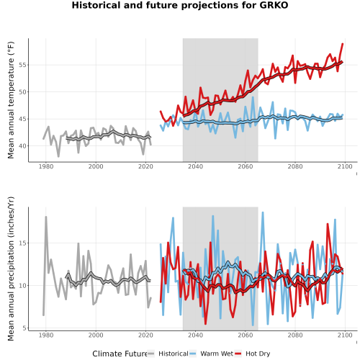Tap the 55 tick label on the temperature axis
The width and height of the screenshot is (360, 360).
point(23,65)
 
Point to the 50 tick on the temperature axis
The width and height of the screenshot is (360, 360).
point(23,92)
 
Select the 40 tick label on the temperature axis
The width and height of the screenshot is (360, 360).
point(23,146)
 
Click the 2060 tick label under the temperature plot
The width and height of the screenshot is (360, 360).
point(246,166)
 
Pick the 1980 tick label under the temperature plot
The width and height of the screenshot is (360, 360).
point(46,166)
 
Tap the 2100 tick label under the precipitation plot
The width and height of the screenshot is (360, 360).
point(345,335)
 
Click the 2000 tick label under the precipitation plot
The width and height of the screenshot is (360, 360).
point(96,335)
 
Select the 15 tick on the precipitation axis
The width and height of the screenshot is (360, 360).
point(23,243)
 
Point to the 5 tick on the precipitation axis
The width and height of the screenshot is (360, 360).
point(25,328)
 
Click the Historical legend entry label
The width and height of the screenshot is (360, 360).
point(174,354)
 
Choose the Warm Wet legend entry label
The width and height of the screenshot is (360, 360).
point(217,354)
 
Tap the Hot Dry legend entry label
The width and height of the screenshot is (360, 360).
point(258,354)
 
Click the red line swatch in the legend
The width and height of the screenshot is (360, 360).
point(238,354)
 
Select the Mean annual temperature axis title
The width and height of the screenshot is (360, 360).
point(11,100)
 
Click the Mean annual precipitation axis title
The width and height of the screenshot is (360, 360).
point(11,269)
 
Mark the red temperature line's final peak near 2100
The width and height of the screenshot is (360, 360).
point(343,44)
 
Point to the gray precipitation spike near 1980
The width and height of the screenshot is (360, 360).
point(46,217)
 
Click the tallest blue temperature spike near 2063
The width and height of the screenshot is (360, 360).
point(253,97)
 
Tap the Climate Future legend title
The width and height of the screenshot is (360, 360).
point(120,354)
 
